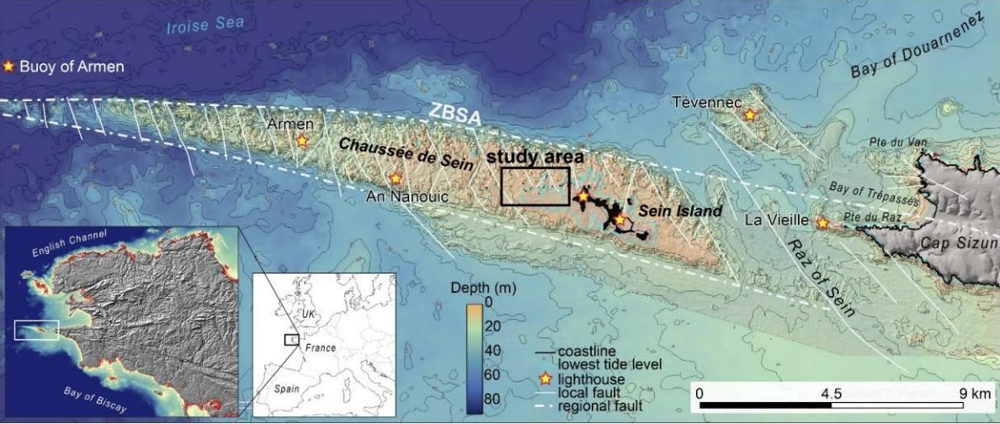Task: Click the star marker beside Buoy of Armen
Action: tap(9, 66)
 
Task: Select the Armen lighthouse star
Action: tap(302, 140)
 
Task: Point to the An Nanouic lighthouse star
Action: tap(396, 178)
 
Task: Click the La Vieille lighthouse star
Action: tap(822, 223)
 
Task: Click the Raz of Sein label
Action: tap(820, 276)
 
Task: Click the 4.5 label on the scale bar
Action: tap(831, 393)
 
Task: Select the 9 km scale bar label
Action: tap(975, 393)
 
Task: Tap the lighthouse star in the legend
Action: tap(545, 379)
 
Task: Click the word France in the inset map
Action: tap(320, 347)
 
